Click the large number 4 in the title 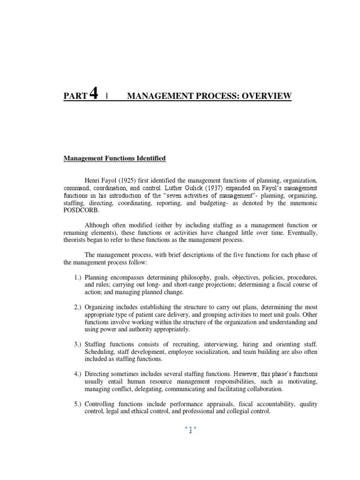(93, 95)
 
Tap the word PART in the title (75, 97)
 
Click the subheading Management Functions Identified (115, 159)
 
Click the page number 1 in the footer (191, 432)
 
